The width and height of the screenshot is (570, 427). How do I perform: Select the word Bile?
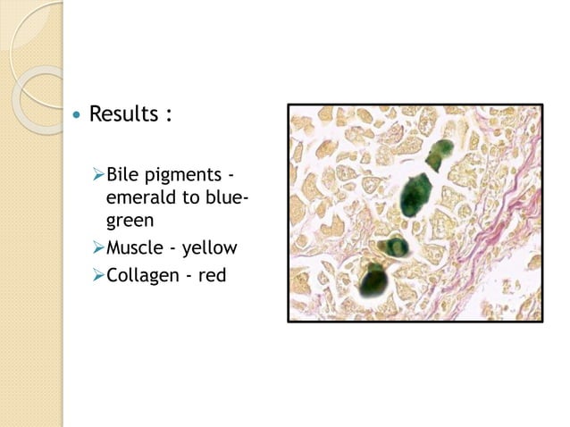click(x=122, y=174)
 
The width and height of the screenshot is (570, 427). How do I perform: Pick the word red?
click(x=212, y=274)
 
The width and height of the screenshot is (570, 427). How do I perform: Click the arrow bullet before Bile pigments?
click(x=98, y=174)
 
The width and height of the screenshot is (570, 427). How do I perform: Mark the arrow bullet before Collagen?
click(x=98, y=274)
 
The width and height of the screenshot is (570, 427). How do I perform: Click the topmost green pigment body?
click(x=439, y=154)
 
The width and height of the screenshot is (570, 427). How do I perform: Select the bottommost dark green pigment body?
click(x=372, y=282)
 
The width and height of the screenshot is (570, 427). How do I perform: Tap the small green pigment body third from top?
click(x=394, y=247)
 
